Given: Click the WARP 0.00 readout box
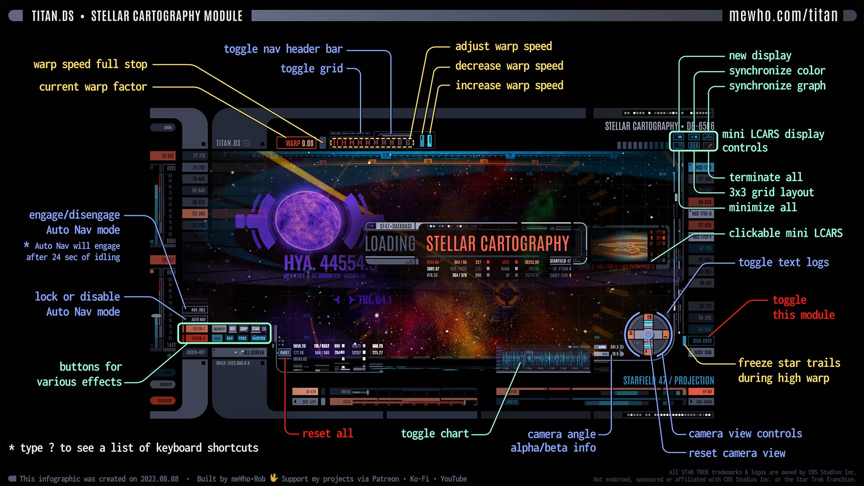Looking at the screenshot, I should [x=299, y=143].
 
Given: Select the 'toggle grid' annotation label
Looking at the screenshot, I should [x=311, y=69].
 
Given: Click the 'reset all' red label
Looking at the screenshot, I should [x=327, y=433].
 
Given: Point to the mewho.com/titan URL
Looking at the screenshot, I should [x=783, y=16].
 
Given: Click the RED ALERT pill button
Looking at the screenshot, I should [x=165, y=400].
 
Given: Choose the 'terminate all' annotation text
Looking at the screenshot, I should [x=766, y=177].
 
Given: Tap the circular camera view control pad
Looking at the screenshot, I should [x=648, y=334].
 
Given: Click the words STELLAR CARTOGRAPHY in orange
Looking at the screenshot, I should [x=497, y=244].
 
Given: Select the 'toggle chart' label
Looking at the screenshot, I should [x=435, y=433].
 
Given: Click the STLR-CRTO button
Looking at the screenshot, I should [x=702, y=341].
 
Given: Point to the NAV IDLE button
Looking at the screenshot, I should [x=198, y=310].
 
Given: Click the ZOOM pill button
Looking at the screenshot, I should [x=168, y=127].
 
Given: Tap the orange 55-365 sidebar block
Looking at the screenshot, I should [x=198, y=213].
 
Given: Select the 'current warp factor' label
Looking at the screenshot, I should [x=93, y=87].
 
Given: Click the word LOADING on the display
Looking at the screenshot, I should [x=390, y=244].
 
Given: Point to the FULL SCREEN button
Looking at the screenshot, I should [x=253, y=353].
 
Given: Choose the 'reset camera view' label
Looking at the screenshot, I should [x=737, y=453].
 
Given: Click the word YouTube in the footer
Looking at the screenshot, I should [x=454, y=479].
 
